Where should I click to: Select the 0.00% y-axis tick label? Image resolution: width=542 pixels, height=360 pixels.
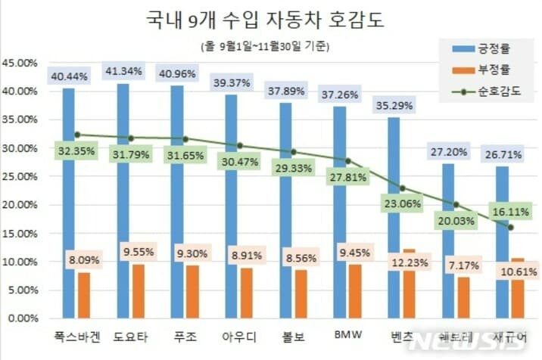tap(23, 318)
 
